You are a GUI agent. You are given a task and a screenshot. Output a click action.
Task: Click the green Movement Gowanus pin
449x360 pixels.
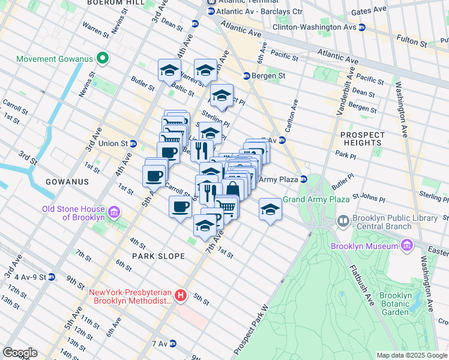pos(103,59)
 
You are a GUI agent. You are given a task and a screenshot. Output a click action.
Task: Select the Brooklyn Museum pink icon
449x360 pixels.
pos(407,245)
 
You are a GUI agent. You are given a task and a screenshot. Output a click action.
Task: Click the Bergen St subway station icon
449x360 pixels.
pos(246,76)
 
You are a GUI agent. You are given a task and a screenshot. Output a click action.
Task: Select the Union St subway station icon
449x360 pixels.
pos(133,144)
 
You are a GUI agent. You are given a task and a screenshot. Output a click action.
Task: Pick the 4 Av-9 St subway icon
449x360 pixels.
pos(52,277)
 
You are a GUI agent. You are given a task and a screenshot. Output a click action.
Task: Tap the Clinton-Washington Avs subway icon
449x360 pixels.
pos(362,28)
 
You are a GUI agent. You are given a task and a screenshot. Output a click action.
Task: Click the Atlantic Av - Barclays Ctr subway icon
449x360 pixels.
pos(211,11)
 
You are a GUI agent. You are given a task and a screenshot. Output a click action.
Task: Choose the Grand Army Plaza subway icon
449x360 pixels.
pos(304,179)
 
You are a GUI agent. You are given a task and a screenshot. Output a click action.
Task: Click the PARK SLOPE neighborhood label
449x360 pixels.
pos(158,256)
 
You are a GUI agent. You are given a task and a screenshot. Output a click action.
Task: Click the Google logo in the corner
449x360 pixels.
pos(20,353)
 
